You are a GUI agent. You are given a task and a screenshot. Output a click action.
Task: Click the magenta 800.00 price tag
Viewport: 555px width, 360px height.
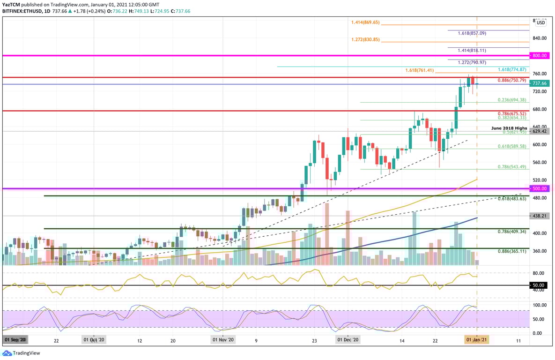point(539,55)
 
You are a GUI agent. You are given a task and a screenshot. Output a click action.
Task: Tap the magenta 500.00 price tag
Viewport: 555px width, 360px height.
point(539,188)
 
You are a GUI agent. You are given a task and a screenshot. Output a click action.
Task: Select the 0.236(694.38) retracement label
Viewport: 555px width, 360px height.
point(511,100)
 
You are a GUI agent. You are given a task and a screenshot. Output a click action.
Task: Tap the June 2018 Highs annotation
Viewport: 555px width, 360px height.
point(509,128)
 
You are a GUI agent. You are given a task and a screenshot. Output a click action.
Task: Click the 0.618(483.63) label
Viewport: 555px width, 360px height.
point(511,199)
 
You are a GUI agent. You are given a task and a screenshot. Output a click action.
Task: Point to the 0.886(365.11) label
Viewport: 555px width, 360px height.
point(511,251)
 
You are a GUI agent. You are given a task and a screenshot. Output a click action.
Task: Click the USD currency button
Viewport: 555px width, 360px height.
point(540,22)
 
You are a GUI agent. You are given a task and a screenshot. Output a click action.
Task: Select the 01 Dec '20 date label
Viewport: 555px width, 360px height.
point(348,339)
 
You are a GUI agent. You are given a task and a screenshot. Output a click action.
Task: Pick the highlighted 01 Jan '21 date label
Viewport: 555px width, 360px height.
point(477,339)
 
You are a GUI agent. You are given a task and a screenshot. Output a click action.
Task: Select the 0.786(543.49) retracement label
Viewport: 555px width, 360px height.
point(511,167)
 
